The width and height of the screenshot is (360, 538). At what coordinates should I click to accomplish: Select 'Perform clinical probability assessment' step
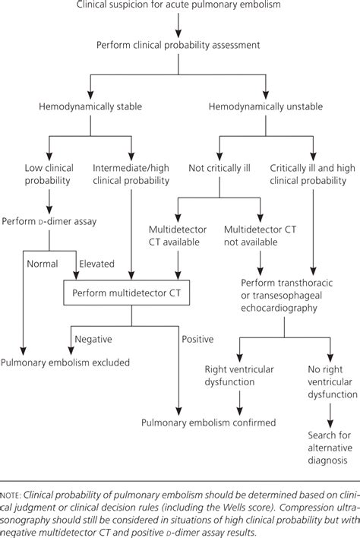click(x=178, y=45)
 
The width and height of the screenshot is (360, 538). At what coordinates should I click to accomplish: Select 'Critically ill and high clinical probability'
click(x=313, y=174)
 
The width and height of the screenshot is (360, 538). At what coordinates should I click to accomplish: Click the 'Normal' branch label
click(x=42, y=264)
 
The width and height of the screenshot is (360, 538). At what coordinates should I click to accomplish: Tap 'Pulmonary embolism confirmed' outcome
click(x=208, y=422)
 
